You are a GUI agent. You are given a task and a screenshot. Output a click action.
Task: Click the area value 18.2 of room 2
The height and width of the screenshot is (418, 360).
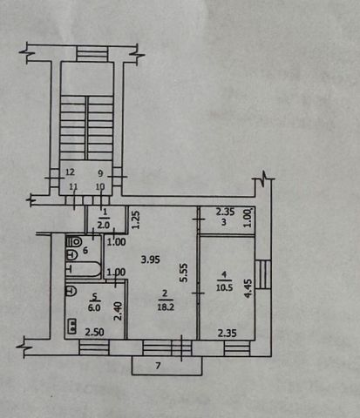coord(166,307)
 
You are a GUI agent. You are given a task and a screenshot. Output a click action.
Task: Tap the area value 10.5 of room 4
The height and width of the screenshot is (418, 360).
coord(224,287)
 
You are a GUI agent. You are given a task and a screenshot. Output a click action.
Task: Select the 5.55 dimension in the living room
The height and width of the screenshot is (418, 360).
coord(184,273)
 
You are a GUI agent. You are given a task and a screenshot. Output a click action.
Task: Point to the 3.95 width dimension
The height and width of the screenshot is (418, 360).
coord(150,259)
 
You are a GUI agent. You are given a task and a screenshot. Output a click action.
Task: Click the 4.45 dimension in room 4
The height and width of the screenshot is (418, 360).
coord(248,288)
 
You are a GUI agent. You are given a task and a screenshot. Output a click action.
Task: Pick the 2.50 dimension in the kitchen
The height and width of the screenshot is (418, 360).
coord(94,332)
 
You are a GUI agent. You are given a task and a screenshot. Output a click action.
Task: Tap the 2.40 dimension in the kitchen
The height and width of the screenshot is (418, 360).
coord(119,311)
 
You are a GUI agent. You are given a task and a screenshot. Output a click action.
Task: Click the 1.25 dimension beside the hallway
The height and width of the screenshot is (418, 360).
coord(136,219)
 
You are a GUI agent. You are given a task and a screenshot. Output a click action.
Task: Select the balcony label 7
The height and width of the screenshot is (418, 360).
coord(158,366)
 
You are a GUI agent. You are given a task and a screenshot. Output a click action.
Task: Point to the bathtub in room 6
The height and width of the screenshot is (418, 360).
coord(84,269)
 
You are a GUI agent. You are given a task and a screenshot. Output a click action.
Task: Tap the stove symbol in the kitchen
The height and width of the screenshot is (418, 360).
coord(71,326)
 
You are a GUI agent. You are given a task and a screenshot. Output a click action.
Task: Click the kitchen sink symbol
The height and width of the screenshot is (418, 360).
coord(71,291)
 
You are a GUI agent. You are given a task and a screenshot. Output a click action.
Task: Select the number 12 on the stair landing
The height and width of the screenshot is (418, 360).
coord(70,172)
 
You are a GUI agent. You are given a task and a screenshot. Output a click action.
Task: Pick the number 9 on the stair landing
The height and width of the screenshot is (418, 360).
coord(100,173)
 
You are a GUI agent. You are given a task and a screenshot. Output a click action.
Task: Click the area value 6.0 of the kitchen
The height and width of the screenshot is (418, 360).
coord(94,307)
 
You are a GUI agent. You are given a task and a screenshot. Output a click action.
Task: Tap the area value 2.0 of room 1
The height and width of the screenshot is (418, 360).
coord(104,225)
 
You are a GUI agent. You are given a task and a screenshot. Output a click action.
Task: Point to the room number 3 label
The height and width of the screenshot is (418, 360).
coord(224,222)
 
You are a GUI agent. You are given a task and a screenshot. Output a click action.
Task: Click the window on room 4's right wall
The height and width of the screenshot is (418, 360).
coord(263,274)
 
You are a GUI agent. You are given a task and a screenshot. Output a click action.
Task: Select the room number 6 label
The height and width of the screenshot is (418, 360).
coord(85,250)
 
